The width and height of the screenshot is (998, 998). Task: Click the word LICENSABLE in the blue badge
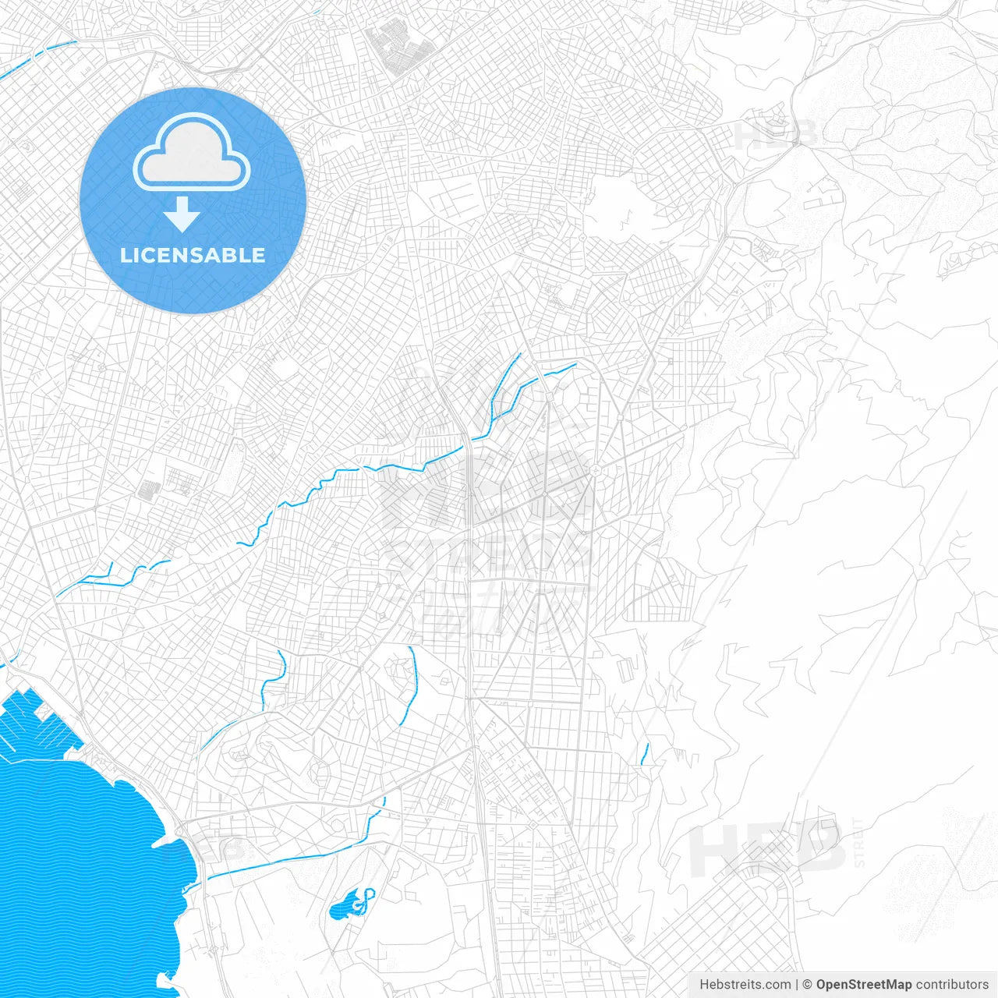(x=193, y=255)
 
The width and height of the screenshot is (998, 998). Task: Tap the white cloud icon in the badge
(x=192, y=153)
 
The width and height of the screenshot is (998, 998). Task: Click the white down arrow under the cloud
(x=182, y=214)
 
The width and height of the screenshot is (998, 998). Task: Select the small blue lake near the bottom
(x=345, y=906)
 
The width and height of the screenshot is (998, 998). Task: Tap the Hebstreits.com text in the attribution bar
(x=745, y=985)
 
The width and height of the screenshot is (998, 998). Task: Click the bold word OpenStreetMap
(x=863, y=985)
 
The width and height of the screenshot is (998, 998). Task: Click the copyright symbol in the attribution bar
(x=808, y=985)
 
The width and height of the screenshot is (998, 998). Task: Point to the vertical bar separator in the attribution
(x=797, y=985)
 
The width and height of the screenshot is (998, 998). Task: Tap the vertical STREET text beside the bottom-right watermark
(x=859, y=842)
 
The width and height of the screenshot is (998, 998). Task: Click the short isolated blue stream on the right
(x=645, y=754)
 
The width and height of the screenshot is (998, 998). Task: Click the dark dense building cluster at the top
(x=400, y=47)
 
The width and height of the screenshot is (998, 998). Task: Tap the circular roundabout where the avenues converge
(x=594, y=469)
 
